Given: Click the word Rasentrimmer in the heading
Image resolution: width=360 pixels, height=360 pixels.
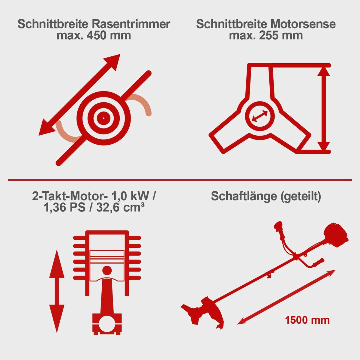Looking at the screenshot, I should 131,24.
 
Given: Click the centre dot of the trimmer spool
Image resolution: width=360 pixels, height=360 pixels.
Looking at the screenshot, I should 103,118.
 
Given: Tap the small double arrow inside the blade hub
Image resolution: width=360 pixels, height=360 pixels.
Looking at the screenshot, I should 260,116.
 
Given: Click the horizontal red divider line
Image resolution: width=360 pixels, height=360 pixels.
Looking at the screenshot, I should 180,180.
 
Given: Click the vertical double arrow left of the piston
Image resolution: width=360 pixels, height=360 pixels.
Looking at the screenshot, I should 57,291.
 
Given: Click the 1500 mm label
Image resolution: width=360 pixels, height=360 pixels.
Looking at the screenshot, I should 307,320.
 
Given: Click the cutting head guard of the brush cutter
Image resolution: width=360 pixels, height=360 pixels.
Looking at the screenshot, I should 214,312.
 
